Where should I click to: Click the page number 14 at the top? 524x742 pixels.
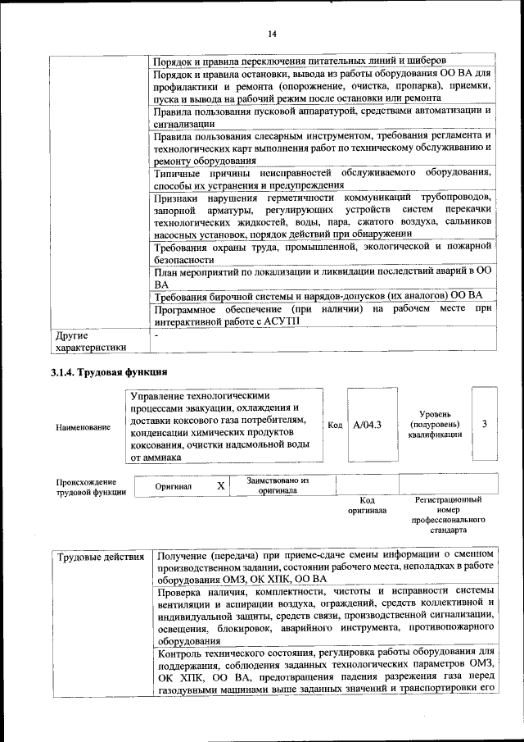coord(271,34)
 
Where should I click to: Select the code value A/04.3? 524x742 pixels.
coord(367,425)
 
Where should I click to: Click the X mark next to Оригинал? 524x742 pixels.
coord(220,486)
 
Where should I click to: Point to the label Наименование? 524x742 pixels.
coord(83,427)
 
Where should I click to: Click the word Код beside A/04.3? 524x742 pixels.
coord(335,425)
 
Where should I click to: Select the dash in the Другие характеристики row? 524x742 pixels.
coord(156,335)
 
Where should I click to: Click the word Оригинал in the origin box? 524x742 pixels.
coord(174,486)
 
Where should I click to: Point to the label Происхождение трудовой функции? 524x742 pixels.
coord(91,487)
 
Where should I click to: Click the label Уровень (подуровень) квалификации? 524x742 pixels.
coord(434,424)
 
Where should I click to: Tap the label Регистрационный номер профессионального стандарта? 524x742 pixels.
coord(448,514)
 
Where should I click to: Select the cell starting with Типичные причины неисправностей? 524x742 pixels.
coord(323,179)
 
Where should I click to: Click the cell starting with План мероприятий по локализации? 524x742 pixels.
coord(323,276)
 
